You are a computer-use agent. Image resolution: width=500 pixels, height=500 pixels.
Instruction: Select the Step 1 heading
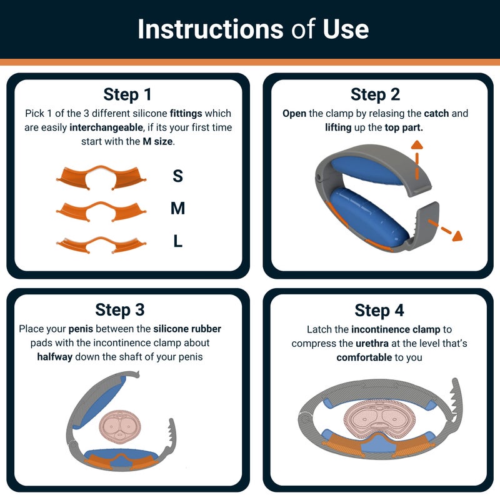(127, 94)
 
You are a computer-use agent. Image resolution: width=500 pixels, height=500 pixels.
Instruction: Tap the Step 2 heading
(375, 94)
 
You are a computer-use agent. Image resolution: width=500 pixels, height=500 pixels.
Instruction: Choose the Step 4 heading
(379, 310)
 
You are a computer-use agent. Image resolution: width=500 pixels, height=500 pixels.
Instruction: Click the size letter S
(178, 176)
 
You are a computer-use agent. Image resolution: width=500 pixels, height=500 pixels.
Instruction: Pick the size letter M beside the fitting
(178, 209)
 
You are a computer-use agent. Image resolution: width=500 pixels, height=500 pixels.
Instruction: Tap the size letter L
(178, 241)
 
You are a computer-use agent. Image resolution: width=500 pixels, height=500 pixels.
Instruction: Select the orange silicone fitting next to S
(101, 176)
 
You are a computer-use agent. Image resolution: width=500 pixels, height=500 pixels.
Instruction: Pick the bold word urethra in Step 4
(374, 344)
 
